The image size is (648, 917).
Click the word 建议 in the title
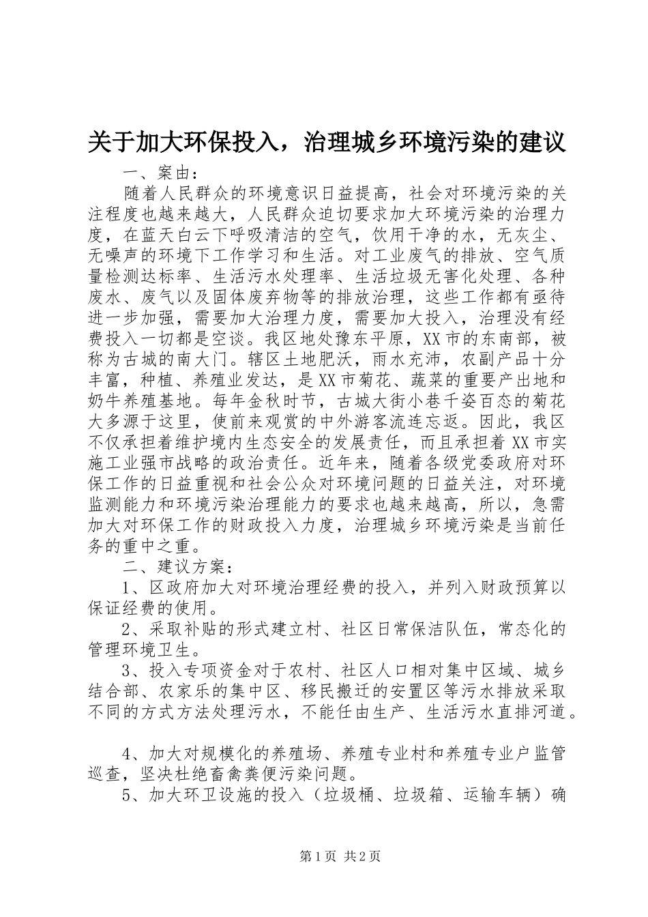pos(542,143)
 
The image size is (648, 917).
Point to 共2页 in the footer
pos(363,856)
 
